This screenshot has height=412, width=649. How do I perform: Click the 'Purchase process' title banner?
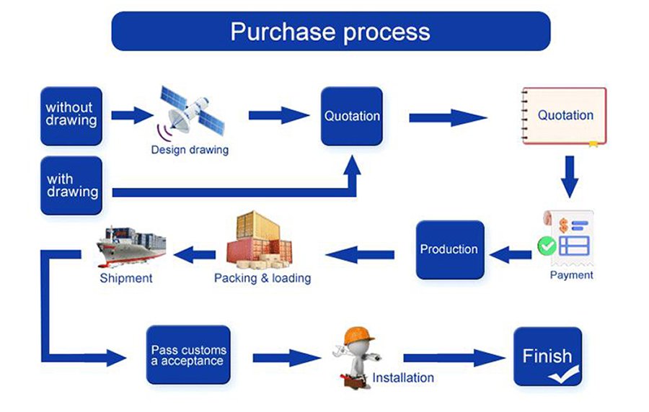pos(331,32)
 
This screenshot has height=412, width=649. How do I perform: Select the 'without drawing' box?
pos(71,116)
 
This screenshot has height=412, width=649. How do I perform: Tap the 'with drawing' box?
pos(71,186)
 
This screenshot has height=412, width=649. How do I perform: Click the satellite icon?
pos(191,112)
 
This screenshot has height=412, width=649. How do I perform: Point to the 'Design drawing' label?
pos(190,150)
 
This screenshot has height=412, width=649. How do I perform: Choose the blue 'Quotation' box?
pos(352,116)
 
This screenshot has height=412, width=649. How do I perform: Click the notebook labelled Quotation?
pos(564,116)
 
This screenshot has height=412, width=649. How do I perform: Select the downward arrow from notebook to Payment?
pos(570,176)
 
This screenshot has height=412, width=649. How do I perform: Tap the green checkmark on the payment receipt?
pos(547,246)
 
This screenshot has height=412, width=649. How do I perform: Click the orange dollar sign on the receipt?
pos(563,225)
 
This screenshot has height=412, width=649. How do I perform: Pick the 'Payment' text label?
pos(571,275)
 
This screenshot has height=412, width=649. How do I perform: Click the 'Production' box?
pos(450,250)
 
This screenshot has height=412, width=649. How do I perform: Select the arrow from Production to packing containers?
pos(360,254)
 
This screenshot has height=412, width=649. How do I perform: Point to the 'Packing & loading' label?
pos(262,278)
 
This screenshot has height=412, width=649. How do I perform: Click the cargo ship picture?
pos(131,246)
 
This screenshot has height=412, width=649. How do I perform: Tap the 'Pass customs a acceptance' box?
pos(188,355)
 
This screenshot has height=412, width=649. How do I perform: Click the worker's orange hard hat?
pos(358,335)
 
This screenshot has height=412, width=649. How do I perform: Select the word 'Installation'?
pos(403,377)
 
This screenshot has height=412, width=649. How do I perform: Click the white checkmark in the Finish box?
pos(564,374)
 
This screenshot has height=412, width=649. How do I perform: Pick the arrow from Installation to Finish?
pos(454,358)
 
